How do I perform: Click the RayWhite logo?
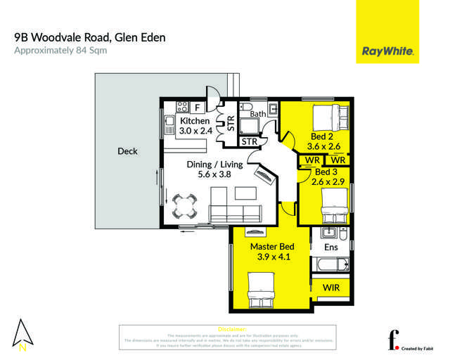click(387, 51)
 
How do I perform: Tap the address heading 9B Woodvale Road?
click(90, 37)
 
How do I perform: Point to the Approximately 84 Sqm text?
click(60, 51)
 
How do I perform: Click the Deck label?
click(127, 151)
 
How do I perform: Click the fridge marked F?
click(198, 108)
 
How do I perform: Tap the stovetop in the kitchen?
click(181, 108)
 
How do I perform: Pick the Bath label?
click(257, 113)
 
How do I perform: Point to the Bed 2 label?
click(323, 136)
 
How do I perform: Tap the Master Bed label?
click(273, 247)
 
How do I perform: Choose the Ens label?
click(330, 247)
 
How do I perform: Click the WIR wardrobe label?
click(331, 288)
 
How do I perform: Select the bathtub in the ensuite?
click(330, 266)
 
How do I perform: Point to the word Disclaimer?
click(232, 329)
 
